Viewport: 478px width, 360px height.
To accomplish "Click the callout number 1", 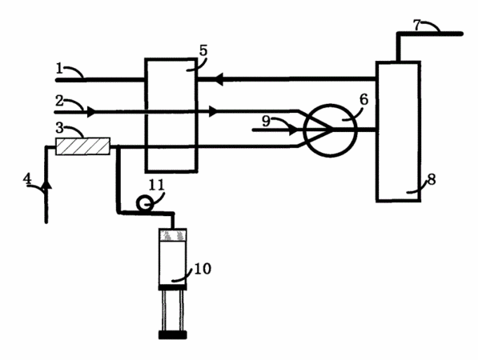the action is [59, 69].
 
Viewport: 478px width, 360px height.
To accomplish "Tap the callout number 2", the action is [59, 101].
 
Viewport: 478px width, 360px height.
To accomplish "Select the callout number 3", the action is [59, 128].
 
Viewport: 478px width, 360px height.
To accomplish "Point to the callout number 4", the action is [27, 179].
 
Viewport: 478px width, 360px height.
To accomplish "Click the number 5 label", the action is [203, 50].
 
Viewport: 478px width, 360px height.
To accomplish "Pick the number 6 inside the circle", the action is [364, 99].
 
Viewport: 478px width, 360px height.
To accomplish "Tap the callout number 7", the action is [417, 26].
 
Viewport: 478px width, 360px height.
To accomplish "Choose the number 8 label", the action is [432, 180].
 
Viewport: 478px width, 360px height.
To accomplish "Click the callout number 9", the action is [267, 122].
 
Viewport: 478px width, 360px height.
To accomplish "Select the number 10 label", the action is [203, 269].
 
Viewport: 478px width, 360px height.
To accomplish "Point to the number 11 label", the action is [157, 185].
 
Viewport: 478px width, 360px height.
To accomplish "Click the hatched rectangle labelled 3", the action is [82, 146].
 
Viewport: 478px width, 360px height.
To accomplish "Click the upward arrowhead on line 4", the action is [46, 184].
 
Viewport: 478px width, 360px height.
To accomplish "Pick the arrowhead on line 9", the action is [293, 130].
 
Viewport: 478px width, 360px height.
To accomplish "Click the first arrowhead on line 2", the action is [91, 112].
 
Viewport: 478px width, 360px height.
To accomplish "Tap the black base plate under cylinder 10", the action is [172, 335].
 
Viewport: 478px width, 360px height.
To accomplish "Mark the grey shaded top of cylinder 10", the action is [173, 235].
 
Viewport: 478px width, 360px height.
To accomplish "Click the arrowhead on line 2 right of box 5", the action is [214, 111].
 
